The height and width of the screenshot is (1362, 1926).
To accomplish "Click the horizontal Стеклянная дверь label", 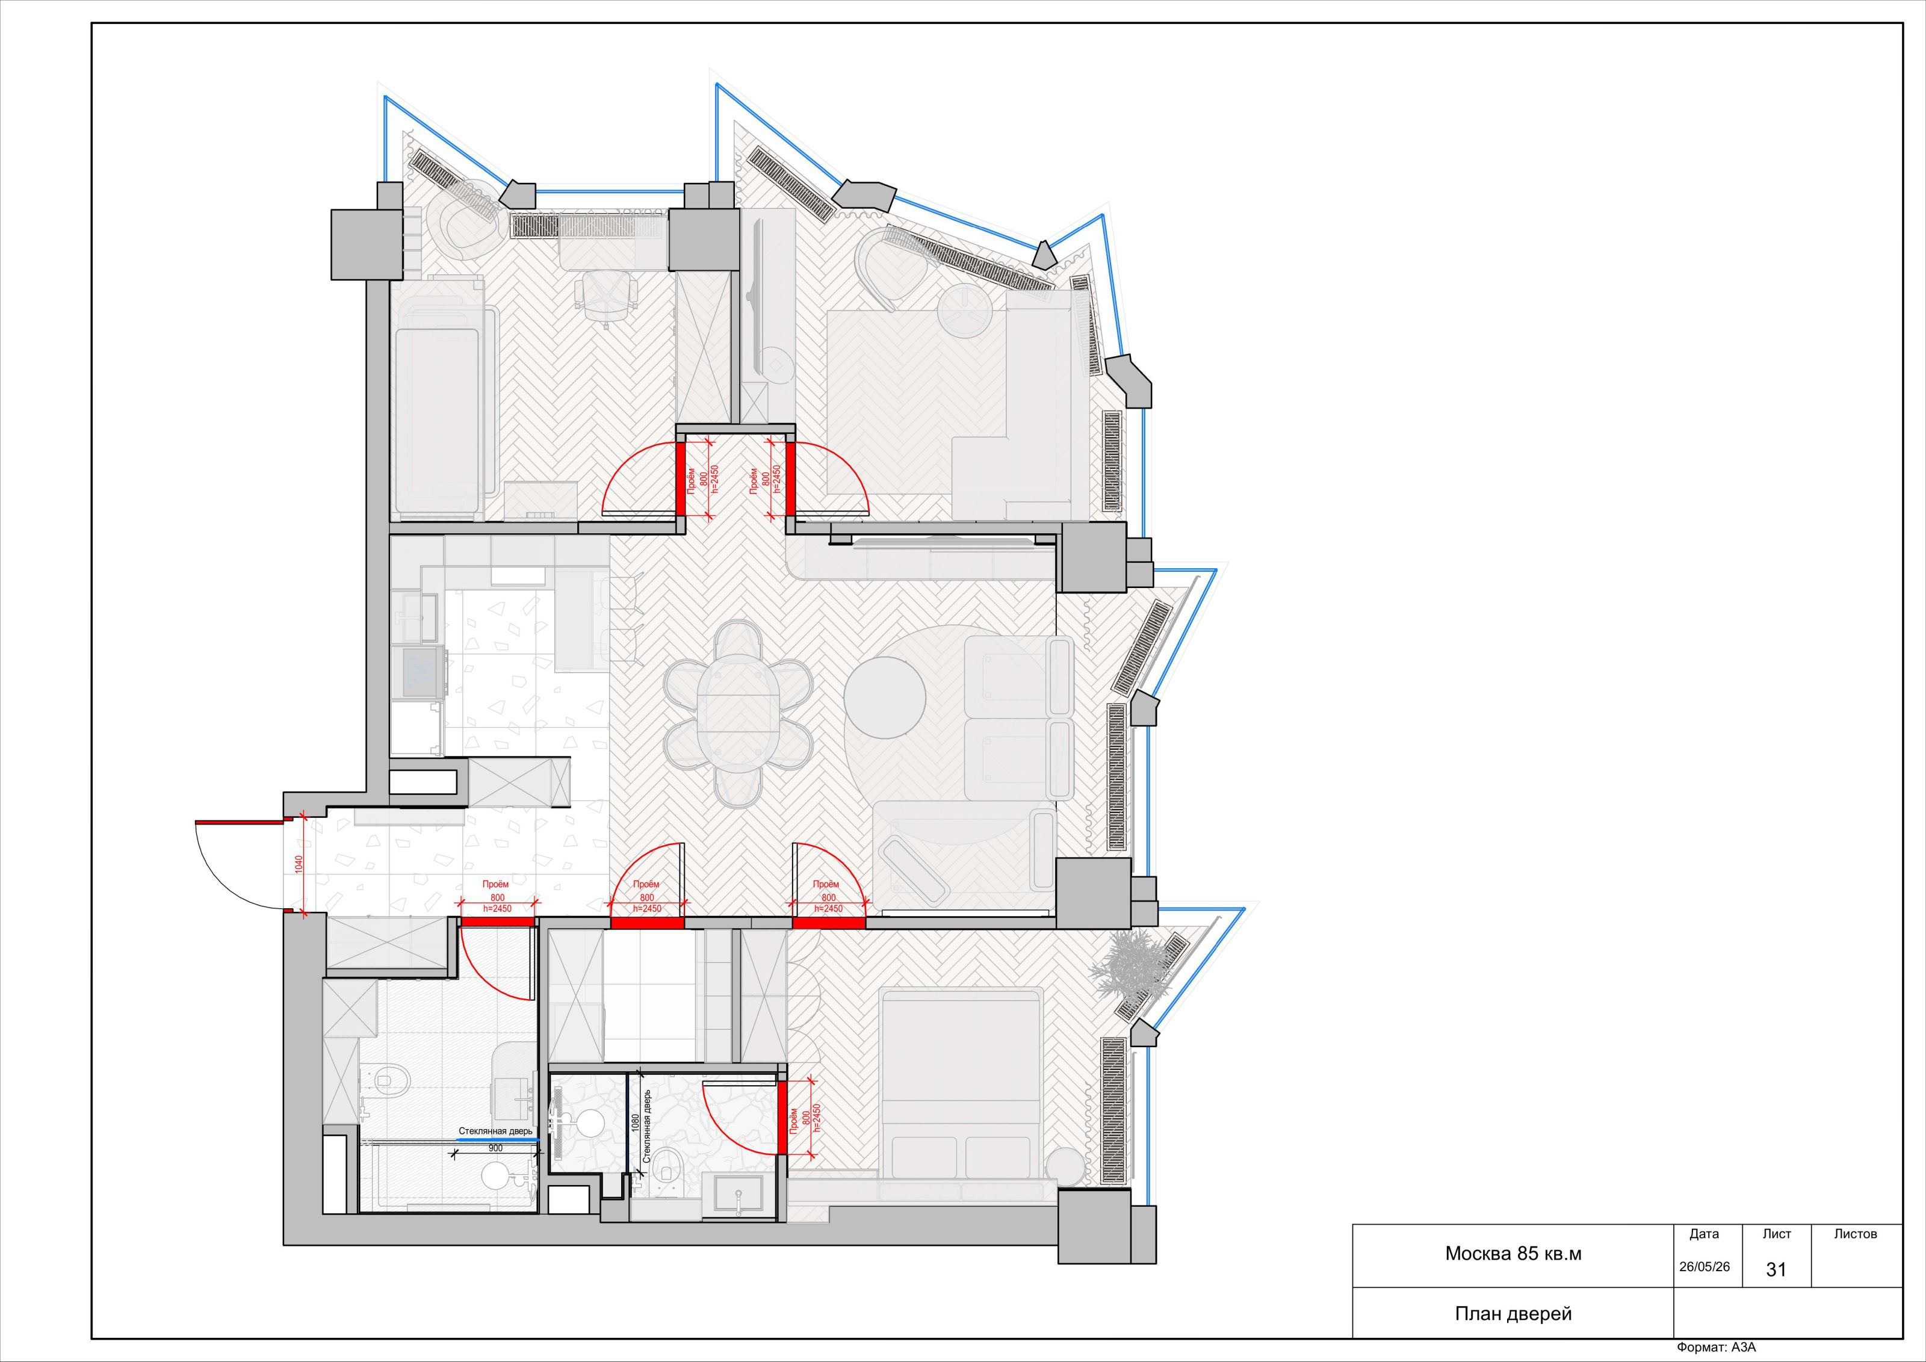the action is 495,1131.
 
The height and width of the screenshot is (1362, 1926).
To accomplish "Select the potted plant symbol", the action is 1133,968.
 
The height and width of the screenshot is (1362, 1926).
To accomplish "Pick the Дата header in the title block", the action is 1704,1234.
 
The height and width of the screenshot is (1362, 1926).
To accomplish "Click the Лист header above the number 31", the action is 1777,1234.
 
